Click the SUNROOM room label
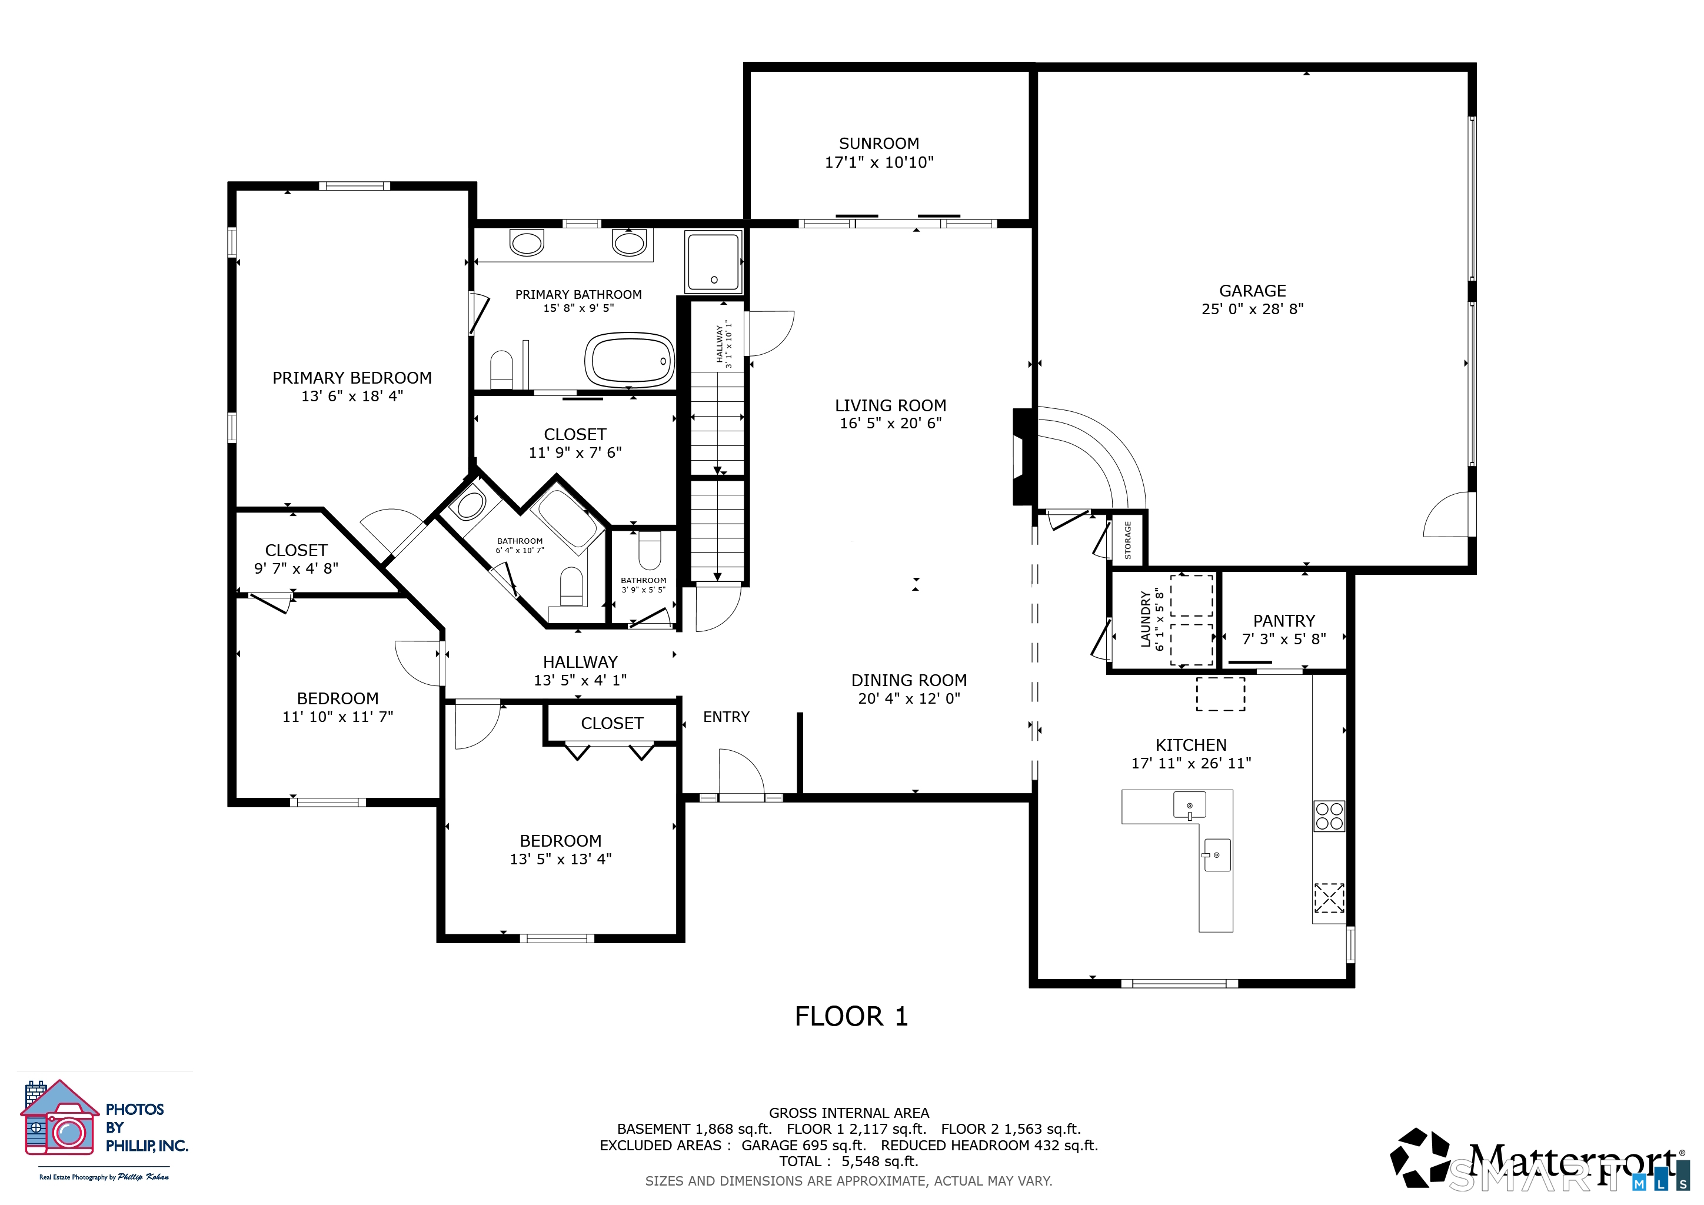coord(878,143)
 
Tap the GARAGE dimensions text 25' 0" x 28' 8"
coord(1252,309)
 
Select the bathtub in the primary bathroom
coord(630,360)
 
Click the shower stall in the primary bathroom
coord(713,261)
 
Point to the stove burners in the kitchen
coord(1329,815)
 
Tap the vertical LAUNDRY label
coord(1146,620)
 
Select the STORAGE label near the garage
coord(1128,540)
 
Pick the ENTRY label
coord(726,717)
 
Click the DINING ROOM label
coord(908,680)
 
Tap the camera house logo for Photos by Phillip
coord(59,1117)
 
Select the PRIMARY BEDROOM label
coord(352,378)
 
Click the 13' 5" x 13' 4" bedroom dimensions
coord(560,859)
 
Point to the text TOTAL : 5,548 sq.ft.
coord(848,1161)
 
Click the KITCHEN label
coord(1190,745)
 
